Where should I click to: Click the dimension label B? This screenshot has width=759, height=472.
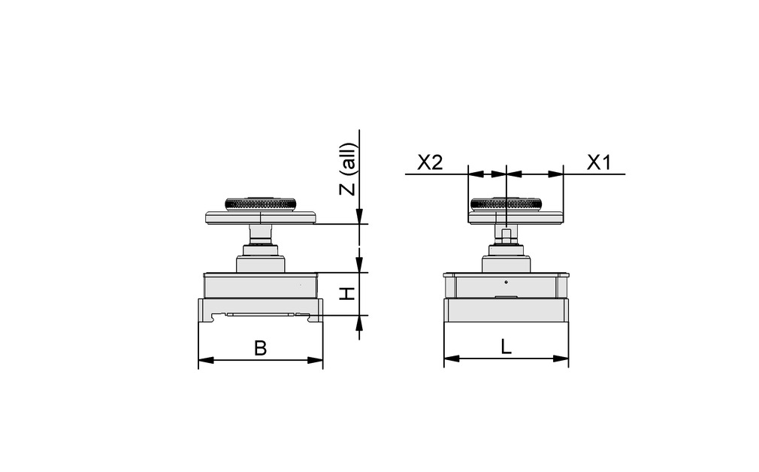260,348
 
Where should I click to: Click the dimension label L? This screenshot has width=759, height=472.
506,346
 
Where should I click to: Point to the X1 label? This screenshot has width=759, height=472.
598,162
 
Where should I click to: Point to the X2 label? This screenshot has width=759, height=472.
430,162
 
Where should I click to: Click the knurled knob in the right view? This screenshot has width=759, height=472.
505,204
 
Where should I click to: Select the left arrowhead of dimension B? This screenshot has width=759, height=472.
204,361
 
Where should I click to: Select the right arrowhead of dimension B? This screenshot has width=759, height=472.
316,361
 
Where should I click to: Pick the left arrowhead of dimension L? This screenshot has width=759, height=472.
450,359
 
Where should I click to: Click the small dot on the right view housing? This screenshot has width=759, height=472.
506,282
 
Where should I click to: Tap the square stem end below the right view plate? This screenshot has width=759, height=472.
506,234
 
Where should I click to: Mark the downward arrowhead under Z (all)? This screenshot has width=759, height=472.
360,217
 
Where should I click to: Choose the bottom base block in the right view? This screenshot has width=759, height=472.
506,310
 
